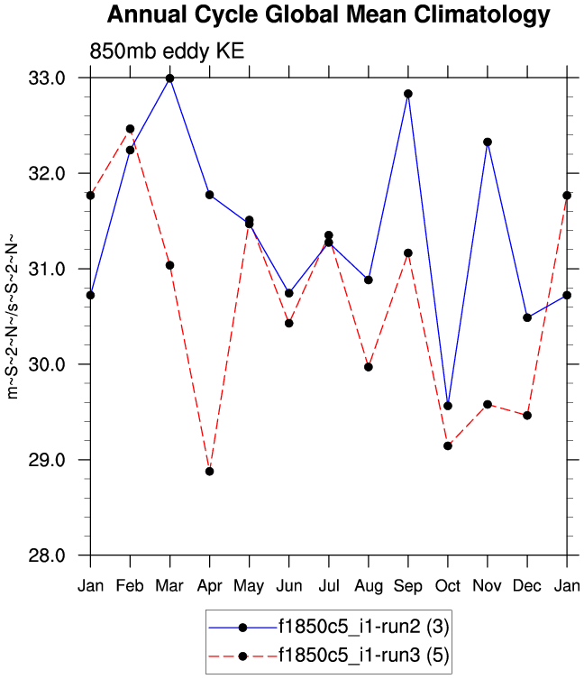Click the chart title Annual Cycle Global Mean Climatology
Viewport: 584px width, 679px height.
tap(327, 15)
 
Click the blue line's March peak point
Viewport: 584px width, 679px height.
tap(169, 78)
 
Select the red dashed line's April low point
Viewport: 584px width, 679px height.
tap(209, 471)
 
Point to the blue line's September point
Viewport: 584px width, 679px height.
tap(408, 94)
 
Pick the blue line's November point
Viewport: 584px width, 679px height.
tap(488, 142)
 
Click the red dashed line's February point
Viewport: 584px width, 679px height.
tap(130, 129)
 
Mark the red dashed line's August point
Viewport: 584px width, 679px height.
tap(369, 367)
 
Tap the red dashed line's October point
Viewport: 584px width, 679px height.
tap(448, 445)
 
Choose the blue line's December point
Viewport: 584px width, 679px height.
tap(527, 317)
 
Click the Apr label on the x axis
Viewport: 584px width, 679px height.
tap(209, 587)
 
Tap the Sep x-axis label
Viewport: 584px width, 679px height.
tap(408, 587)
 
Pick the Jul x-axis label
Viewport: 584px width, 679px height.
tap(329, 587)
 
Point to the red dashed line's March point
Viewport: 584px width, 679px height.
tap(169, 265)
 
